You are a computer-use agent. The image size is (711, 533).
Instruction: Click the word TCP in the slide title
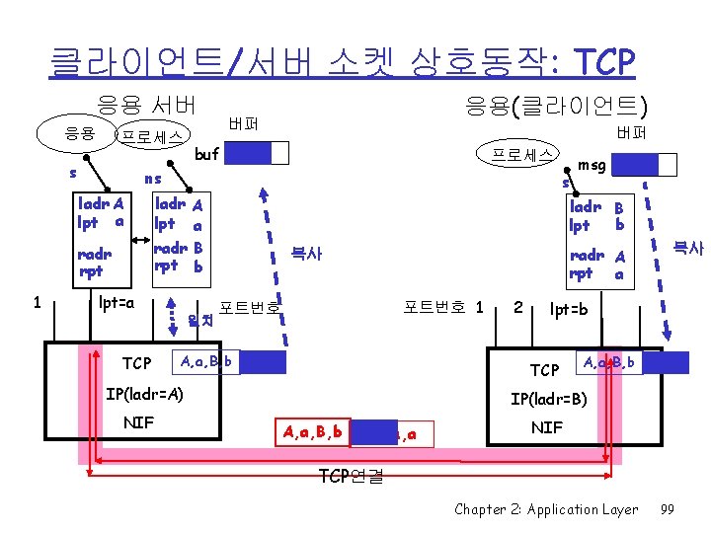[x=601, y=62]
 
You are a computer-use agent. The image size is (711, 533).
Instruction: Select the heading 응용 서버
[x=146, y=104]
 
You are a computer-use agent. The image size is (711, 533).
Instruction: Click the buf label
[x=207, y=154]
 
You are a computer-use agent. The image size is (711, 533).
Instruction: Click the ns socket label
[x=152, y=179]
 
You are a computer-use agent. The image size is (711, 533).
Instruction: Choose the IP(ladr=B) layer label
[x=549, y=401]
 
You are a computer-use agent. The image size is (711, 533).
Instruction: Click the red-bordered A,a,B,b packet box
[x=312, y=431]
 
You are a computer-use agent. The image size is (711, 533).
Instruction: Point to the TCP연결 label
[x=353, y=475]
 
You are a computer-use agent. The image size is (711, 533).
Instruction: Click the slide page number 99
[x=667, y=509]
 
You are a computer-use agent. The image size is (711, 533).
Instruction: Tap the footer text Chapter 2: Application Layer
[x=546, y=509]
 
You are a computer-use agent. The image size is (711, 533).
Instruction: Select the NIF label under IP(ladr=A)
[x=138, y=422]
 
